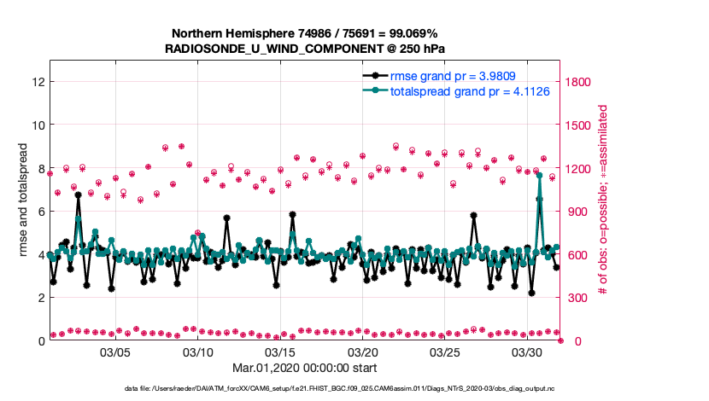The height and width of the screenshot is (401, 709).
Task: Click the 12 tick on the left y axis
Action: (x=38, y=82)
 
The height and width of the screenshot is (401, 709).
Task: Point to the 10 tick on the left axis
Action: (x=38, y=125)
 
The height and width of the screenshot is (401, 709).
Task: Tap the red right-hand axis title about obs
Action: (x=603, y=200)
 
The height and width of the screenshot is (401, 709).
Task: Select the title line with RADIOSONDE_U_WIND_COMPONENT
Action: (x=305, y=49)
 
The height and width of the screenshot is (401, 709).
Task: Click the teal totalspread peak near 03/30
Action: (x=539, y=174)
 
